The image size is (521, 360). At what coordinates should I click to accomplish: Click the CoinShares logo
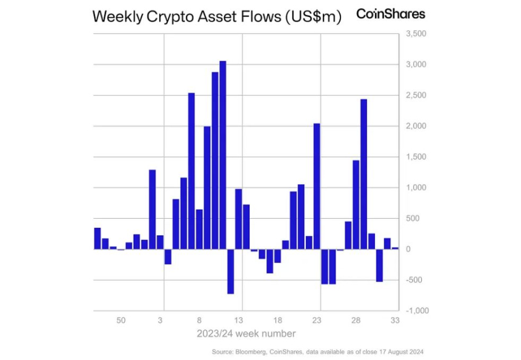point(390,13)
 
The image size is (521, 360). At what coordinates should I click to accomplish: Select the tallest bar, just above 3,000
point(223,155)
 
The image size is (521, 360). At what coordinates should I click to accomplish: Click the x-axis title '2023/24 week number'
point(247,334)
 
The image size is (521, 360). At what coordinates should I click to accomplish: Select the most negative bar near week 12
point(231,271)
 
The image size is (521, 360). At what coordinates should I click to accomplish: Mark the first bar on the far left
point(98,238)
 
